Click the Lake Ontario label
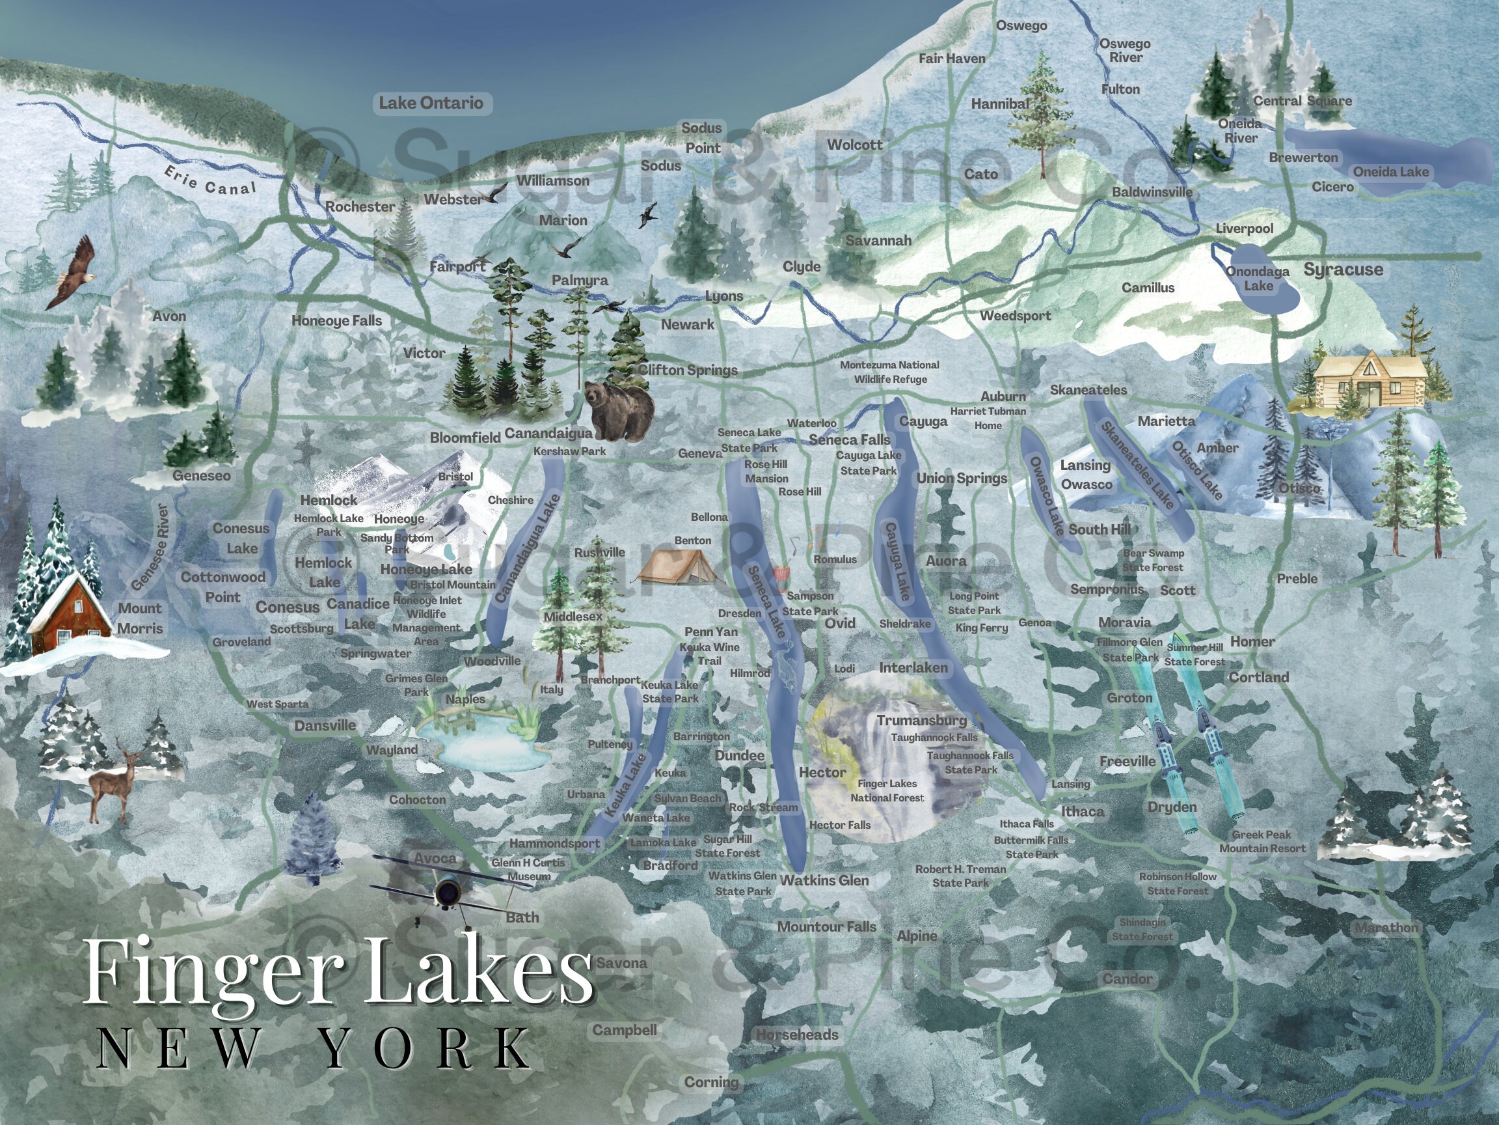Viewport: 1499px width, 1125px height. pos(431,103)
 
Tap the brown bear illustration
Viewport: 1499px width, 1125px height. pos(619,410)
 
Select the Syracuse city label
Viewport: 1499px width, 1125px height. pos(1343,270)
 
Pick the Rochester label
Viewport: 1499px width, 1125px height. pos(360,207)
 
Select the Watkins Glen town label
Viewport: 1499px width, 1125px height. pos(824,880)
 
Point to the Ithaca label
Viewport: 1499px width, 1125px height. pos(1082,812)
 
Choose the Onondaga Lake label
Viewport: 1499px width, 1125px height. pos(1258,279)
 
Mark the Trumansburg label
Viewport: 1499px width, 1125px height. pos(922,720)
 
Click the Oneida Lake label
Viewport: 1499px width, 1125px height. pos(1390,173)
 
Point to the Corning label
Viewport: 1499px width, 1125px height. pos(711,1082)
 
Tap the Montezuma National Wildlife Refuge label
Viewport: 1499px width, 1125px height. pos(890,372)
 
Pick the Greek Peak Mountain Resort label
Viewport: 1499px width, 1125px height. pos(1262,842)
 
